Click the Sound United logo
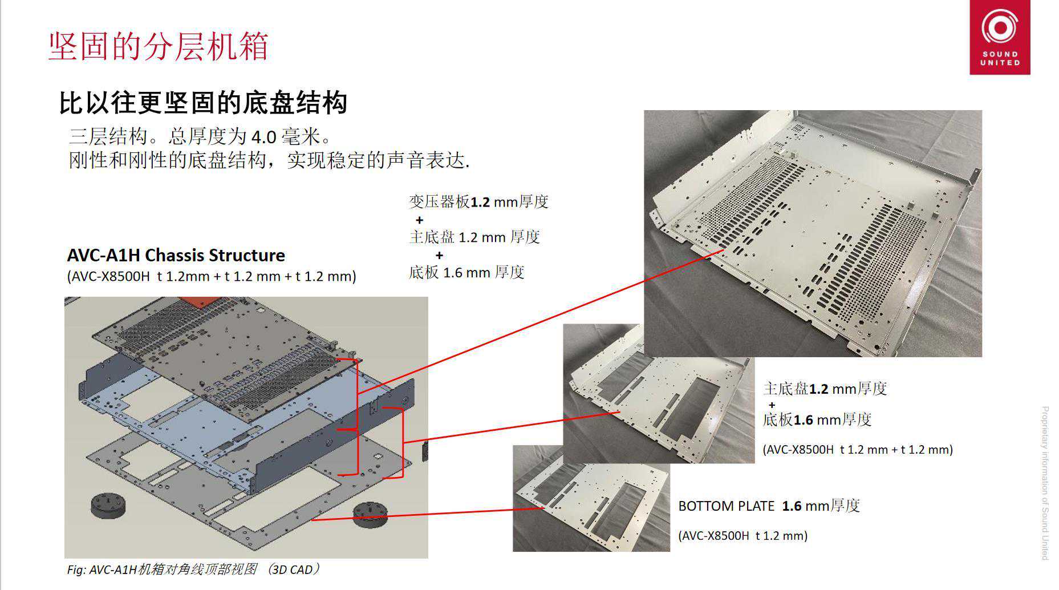[1000, 37]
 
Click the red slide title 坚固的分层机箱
[159, 46]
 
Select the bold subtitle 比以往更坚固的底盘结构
[203, 103]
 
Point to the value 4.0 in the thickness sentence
[263, 137]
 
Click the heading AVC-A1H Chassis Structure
[176, 255]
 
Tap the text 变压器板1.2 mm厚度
[478, 201]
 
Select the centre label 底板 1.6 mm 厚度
[466, 272]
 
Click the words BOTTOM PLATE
[727, 506]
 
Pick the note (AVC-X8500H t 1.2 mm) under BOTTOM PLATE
[743, 536]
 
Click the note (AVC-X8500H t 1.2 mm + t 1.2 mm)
[858, 450]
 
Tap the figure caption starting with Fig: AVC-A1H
[194, 569]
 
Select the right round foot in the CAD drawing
[369, 514]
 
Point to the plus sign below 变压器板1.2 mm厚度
[420, 220]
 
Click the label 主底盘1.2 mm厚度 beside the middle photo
[825, 389]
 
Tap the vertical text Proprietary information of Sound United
[1045, 483]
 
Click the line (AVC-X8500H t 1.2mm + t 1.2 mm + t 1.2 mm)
[212, 277]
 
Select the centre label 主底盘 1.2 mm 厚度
[474, 237]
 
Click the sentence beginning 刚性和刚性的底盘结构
[269, 160]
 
